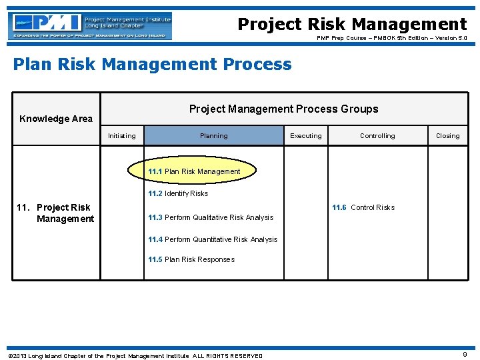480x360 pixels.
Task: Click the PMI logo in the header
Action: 90,26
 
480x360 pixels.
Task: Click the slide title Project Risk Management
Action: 352,25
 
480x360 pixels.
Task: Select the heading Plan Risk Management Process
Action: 153,65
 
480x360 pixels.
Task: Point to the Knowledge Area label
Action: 56,119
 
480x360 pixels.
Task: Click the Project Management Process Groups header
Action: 283,109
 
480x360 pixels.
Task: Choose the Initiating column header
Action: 121,136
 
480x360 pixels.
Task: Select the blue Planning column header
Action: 214,136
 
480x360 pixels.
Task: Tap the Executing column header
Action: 305,136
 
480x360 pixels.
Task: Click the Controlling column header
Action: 377,136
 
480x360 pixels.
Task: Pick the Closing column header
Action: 447,136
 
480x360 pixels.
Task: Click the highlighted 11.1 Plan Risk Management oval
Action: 193,171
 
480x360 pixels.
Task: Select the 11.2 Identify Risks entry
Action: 178,193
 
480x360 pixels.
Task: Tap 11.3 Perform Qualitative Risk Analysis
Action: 211,217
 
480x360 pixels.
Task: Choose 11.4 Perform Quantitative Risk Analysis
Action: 213,239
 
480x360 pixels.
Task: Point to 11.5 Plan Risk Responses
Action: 191,259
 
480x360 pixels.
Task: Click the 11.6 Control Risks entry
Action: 363,207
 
